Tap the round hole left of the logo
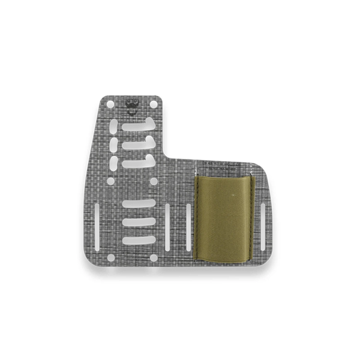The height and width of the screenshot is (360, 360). coord(111,104)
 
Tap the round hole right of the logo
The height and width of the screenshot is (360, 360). coord(154,104)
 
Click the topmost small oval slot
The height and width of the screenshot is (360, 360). coord(114,126)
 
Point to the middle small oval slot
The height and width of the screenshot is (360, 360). coord(114,145)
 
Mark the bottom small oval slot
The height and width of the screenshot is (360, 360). coord(114,163)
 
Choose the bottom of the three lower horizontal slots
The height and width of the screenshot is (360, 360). coord(139,240)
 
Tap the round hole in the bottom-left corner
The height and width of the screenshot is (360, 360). coord(111,258)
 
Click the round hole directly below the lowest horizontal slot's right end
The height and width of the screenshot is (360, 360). coord(154,258)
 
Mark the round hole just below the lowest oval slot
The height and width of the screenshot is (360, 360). coord(111,181)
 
